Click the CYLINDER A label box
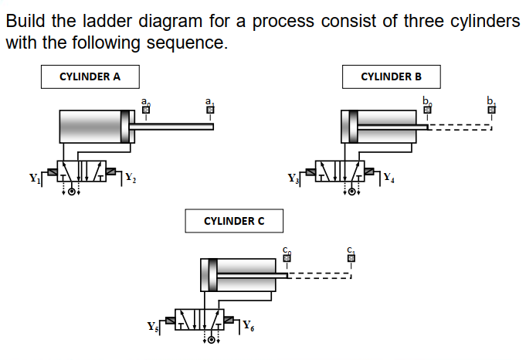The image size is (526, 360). (90, 76)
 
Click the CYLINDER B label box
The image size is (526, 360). (392, 76)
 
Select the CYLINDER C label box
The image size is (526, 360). (233, 221)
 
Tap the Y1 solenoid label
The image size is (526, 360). (33, 175)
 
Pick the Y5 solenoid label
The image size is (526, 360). (153, 324)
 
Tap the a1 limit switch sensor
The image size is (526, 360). (209, 110)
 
